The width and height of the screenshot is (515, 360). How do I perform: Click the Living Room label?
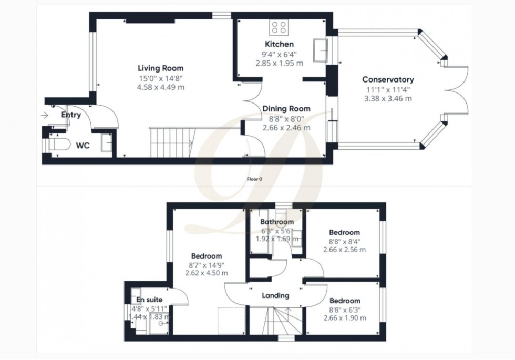(160, 68)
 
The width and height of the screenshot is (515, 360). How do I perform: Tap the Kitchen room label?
(279, 44)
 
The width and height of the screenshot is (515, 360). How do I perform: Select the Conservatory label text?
(388, 79)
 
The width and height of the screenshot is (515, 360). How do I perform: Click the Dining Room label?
(286, 109)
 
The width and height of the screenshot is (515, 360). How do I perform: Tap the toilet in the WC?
(57, 143)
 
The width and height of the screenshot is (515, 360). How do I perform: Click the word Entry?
(71, 115)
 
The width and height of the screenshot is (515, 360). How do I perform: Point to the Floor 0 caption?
(254, 179)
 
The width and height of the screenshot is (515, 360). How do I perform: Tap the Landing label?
(275, 295)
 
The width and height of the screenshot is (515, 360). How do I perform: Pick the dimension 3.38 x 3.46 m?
(388, 98)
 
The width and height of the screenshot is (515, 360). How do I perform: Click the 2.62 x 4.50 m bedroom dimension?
(206, 273)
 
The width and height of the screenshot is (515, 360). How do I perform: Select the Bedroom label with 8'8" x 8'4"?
(344, 232)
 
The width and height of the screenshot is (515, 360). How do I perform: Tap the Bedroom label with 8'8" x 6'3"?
(344, 301)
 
